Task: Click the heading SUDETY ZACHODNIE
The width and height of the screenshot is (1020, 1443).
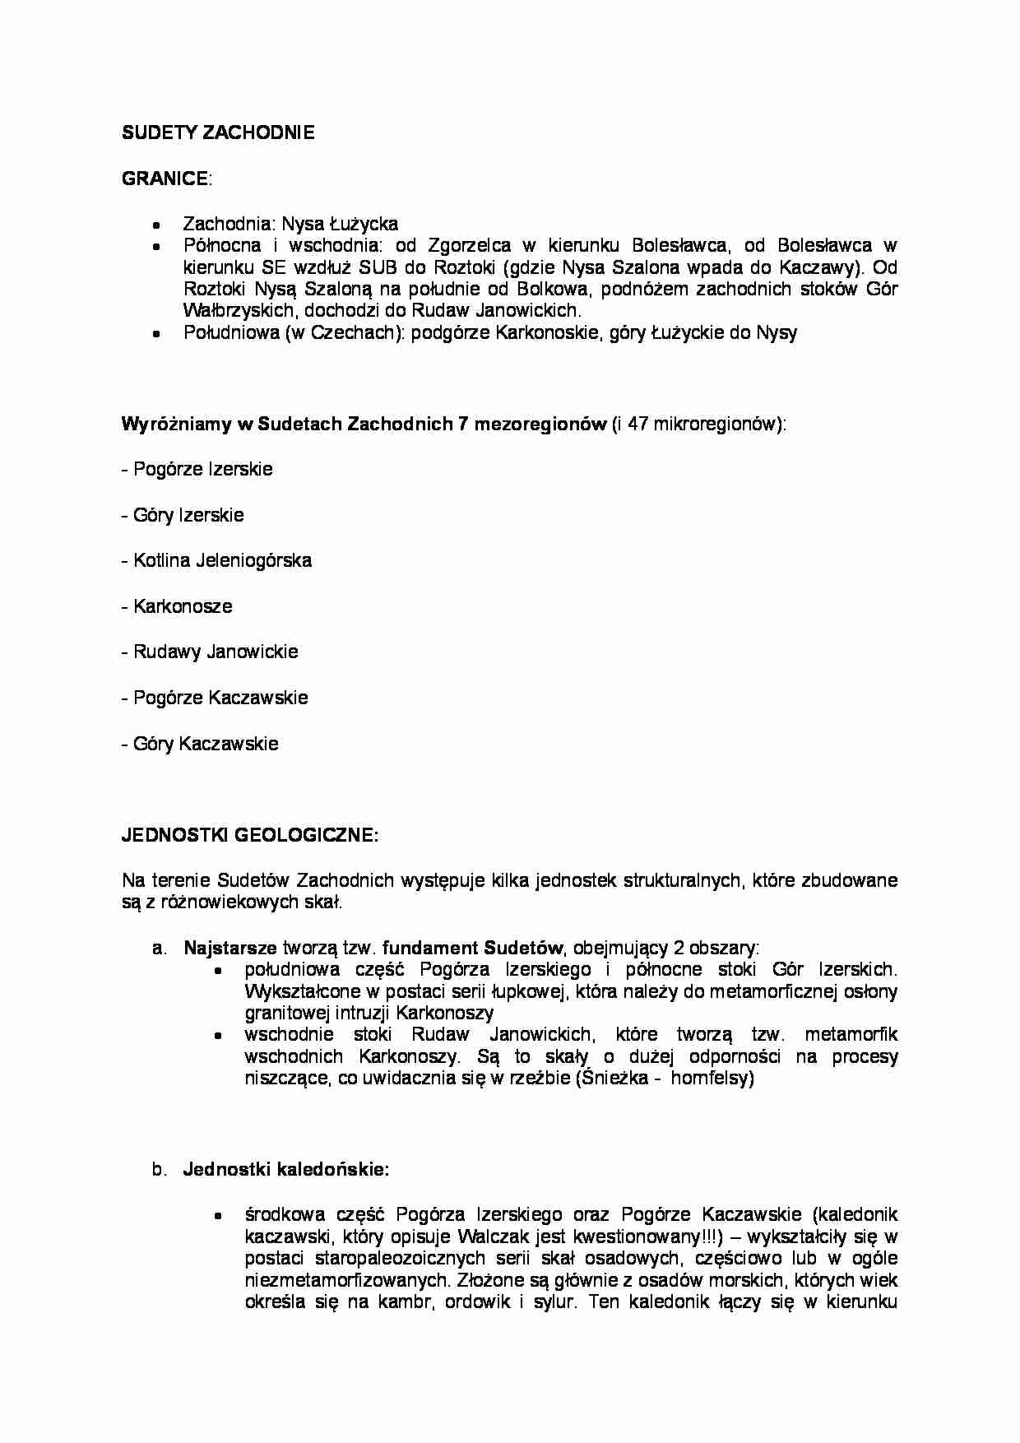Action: tap(218, 132)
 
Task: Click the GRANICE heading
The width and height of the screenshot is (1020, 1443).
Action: tap(165, 179)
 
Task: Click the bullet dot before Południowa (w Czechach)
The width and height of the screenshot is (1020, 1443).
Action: tap(158, 334)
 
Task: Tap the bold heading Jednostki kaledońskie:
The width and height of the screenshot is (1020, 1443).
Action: tap(286, 1169)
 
